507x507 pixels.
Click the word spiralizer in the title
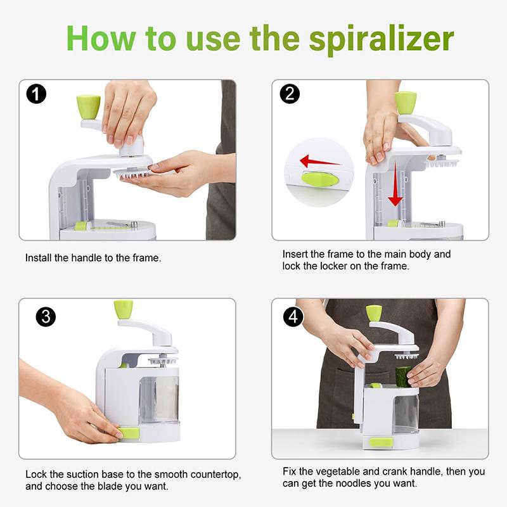pyautogui.click(x=381, y=39)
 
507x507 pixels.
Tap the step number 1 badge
pyautogui.click(x=37, y=95)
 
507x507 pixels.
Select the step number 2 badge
pyautogui.click(x=290, y=94)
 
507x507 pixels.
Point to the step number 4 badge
pyautogui.click(x=293, y=316)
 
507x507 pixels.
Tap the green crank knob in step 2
pyautogui.click(x=405, y=102)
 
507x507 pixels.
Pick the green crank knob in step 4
pyautogui.click(x=374, y=312)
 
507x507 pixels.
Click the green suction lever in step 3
pyautogui.click(x=128, y=433)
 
